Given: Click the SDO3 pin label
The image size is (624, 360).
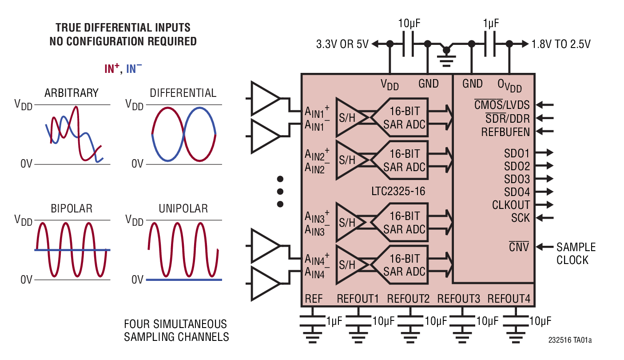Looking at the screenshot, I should click(x=517, y=179).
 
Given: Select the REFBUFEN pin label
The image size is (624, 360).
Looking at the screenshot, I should click(x=505, y=132).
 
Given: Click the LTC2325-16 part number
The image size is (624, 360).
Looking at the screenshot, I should click(x=398, y=192).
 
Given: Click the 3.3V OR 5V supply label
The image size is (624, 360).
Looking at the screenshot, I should click(x=342, y=44).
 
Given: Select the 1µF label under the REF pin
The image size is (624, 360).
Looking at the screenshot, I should click(x=334, y=321).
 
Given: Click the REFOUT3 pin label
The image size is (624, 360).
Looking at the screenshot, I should click(x=458, y=299).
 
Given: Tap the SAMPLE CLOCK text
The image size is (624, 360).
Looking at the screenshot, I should click(x=576, y=253).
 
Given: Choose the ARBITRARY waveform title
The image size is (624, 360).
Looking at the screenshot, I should click(x=72, y=93).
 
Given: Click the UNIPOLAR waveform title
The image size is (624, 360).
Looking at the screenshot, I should click(x=183, y=208).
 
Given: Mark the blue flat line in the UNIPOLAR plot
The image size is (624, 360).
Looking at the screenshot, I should click(x=184, y=280).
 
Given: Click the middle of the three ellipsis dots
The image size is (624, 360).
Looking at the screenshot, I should click(x=280, y=192).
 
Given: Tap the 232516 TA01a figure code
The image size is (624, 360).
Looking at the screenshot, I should click(x=570, y=340).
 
